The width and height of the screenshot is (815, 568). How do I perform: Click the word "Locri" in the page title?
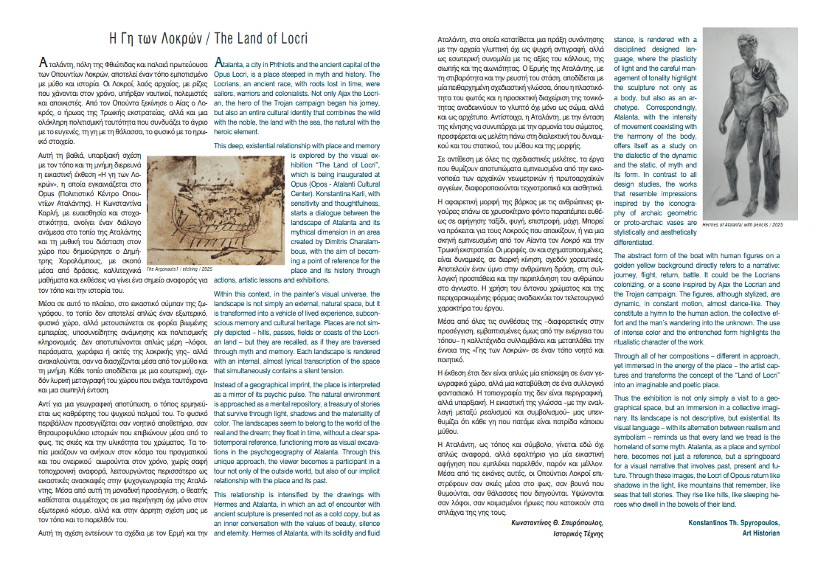pyautogui.click(x=291, y=38)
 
